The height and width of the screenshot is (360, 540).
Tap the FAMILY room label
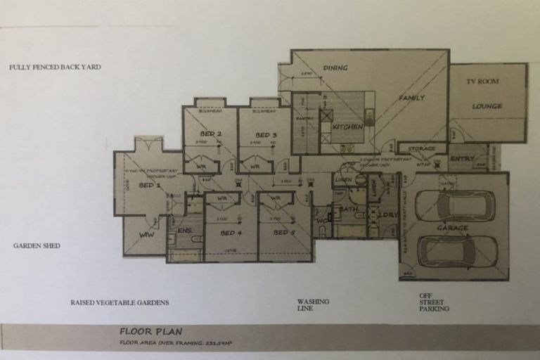(412, 98)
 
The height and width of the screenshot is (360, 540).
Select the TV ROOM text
(482, 82)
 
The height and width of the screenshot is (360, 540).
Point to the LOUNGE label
(487, 106)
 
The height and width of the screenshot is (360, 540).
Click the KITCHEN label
(348, 127)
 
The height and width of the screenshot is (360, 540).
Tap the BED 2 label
(210, 134)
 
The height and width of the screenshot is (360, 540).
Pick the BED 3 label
(265, 135)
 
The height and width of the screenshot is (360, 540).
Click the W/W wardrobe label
(146, 234)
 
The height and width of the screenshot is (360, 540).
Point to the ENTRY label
(462, 159)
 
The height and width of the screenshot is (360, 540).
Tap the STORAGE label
(422, 149)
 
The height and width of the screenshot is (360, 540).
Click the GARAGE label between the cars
(452, 229)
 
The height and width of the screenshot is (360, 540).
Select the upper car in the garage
(454, 206)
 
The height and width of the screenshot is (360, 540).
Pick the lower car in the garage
(457, 251)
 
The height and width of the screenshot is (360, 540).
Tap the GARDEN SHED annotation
(37, 246)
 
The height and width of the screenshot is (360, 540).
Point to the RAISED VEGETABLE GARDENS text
(120, 303)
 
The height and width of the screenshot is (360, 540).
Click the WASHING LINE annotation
(313, 304)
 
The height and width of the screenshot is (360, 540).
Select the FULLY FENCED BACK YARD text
(56, 67)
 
